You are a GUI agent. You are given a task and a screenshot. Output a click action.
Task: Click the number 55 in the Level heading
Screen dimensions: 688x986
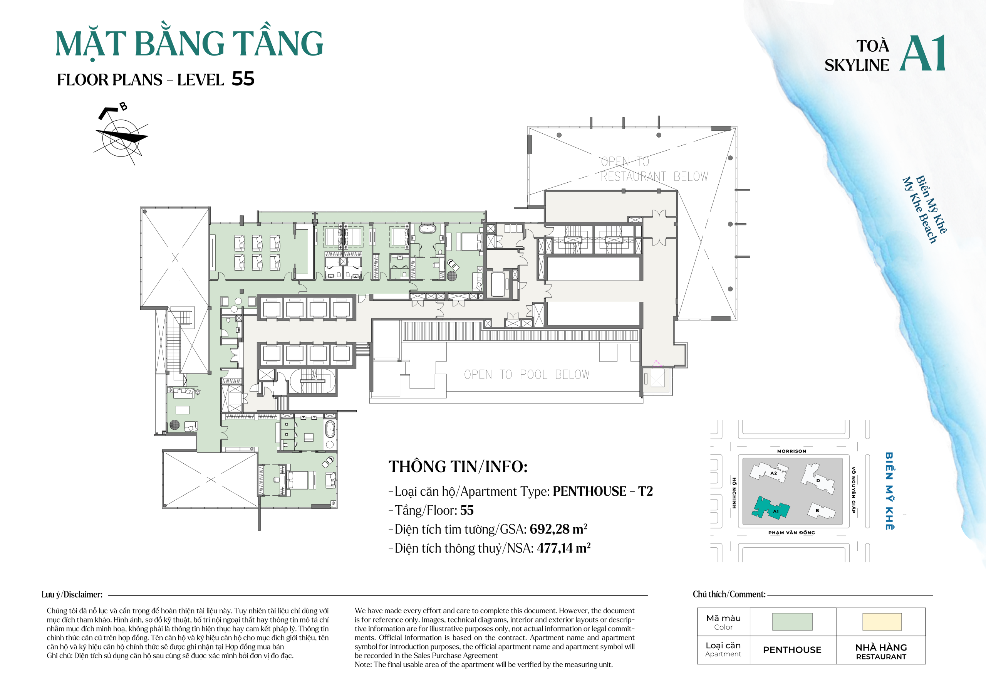click(x=243, y=79)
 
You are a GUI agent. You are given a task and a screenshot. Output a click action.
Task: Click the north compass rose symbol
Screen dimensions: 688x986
click(x=121, y=136)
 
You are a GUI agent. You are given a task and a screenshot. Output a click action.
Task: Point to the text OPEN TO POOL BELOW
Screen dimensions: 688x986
click(x=527, y=375)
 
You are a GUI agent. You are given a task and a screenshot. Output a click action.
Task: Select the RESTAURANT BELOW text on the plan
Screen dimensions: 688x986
click(x=654, y=177)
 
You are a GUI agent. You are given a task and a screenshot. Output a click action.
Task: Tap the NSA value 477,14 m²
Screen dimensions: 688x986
click(x=563, y=548)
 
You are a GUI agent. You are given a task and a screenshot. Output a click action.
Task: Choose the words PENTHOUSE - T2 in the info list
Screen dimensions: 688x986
click(x=602, y=491)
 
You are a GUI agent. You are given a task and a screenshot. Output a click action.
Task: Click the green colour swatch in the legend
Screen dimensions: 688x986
click(x=792, y=622)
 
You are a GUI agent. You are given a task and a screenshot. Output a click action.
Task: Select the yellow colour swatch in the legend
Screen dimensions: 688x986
click(x=882, y=622)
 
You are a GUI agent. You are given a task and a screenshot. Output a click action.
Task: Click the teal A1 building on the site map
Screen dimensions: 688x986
click(x=770, y=508)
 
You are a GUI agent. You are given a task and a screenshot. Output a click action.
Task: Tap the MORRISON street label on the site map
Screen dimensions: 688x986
click(x=791, y=451)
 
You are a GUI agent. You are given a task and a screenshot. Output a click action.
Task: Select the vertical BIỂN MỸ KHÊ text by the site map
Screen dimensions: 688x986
click(x=889, y=491)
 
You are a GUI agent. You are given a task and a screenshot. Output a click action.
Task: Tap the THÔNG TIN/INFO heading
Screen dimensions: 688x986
click(x=458, y=467)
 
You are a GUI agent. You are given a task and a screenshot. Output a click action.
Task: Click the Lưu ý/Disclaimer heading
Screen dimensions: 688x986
click(x=72, y=594)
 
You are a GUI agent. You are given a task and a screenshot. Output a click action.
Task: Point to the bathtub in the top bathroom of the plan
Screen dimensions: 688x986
click(x=427, y=229)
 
